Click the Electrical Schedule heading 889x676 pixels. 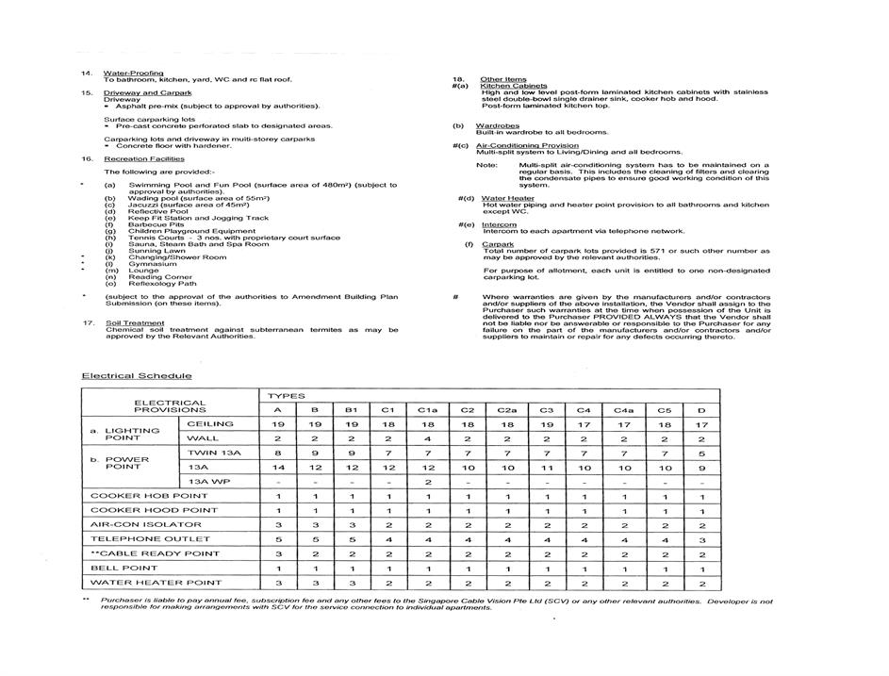click(x=137, y=376)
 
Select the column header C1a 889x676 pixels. click(x=426, y=410)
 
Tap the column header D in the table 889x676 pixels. click(x=700, y=410)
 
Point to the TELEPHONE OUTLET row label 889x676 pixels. click(x=139, y=539)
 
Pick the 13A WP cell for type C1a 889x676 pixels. click(x=426, y=482)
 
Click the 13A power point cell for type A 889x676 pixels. click(x=277, y=468)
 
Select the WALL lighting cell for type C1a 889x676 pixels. click(x=426, y=438)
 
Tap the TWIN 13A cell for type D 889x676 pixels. click(x=700, y=453)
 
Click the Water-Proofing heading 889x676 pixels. click(x=133, y=73)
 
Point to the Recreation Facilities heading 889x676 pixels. click(x=143, y=159)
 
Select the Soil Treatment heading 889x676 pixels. click(x=134, y=322)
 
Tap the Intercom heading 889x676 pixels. click(x=499, y=224)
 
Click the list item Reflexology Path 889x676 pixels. click(x=162, y=284)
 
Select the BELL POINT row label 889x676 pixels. click(x=124, y=569)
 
